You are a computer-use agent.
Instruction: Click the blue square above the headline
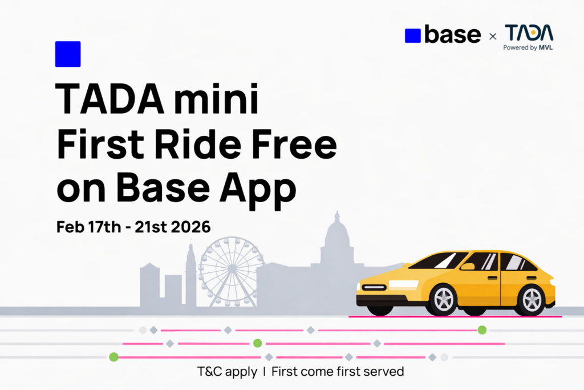pyautogui.click(x=67, y=54)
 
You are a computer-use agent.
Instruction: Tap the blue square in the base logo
pyautogui.click(x=412, y=35)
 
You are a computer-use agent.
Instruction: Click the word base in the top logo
pyautogui.click(x=453, y=35)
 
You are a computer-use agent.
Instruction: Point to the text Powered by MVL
pyautogui.click(x=528, y=48)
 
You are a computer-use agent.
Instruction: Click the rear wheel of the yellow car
pyautogui.click(x=530, y=299)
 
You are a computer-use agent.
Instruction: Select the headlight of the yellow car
pyautogui.click(x=374, y=287)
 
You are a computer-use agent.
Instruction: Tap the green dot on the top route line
pyautogui.click(x=482, y=329)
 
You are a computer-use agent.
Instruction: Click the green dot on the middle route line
pyautogui.click(x=257, y=343)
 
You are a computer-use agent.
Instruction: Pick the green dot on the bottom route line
pyautogui.click(x=113, y=357)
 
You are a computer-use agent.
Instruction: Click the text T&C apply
pyautogui.click(x=227, y=372)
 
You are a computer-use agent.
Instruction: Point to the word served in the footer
pyautogui.click(x=384, y=372)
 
